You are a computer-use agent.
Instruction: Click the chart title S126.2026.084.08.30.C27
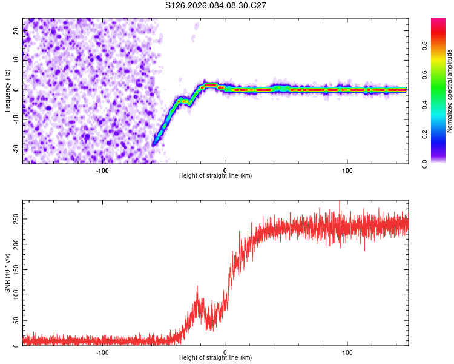(215, 5)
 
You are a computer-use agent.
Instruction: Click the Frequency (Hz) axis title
(7, 91)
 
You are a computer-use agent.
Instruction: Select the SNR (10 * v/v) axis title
(7, 274)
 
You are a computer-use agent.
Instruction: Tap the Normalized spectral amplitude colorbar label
(450, 91)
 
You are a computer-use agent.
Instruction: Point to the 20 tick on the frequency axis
(16, 32)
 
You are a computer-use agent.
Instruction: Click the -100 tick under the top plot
(102, 170)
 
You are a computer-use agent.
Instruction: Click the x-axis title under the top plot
(215, 176)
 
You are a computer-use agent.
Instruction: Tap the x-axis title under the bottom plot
(215, 358)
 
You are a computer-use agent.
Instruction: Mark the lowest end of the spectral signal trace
(155, 144)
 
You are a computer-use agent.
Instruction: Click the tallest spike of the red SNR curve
(340, 201)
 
